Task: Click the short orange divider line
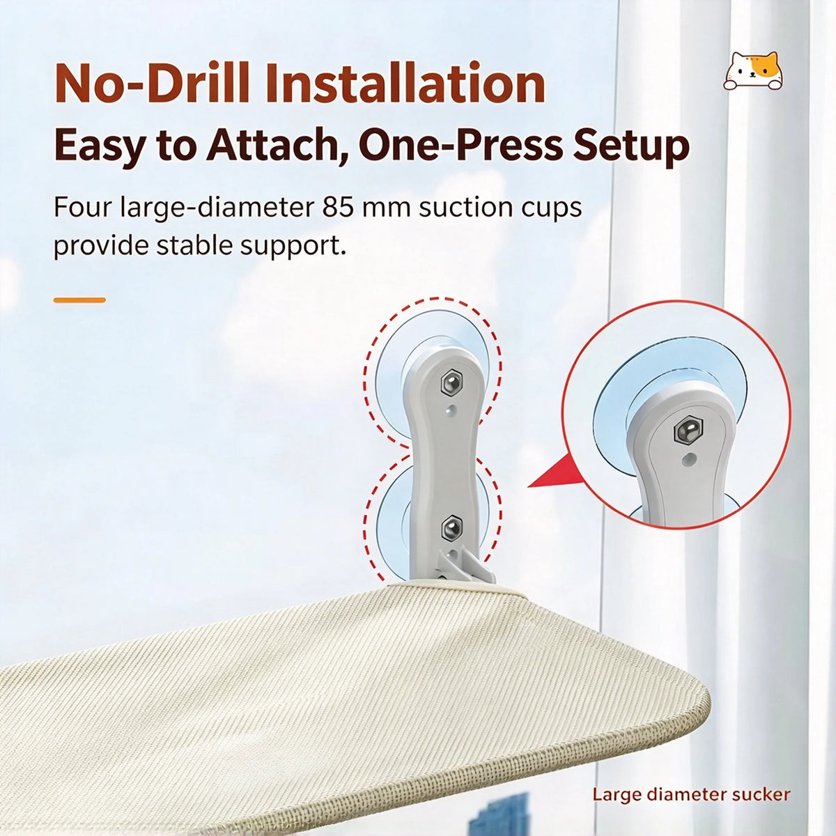click(x=80, y=300)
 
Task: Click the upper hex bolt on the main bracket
click(x=451, y=383)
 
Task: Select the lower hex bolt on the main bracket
click(x=452, y=529)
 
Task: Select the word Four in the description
click(x=82, y=208)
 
